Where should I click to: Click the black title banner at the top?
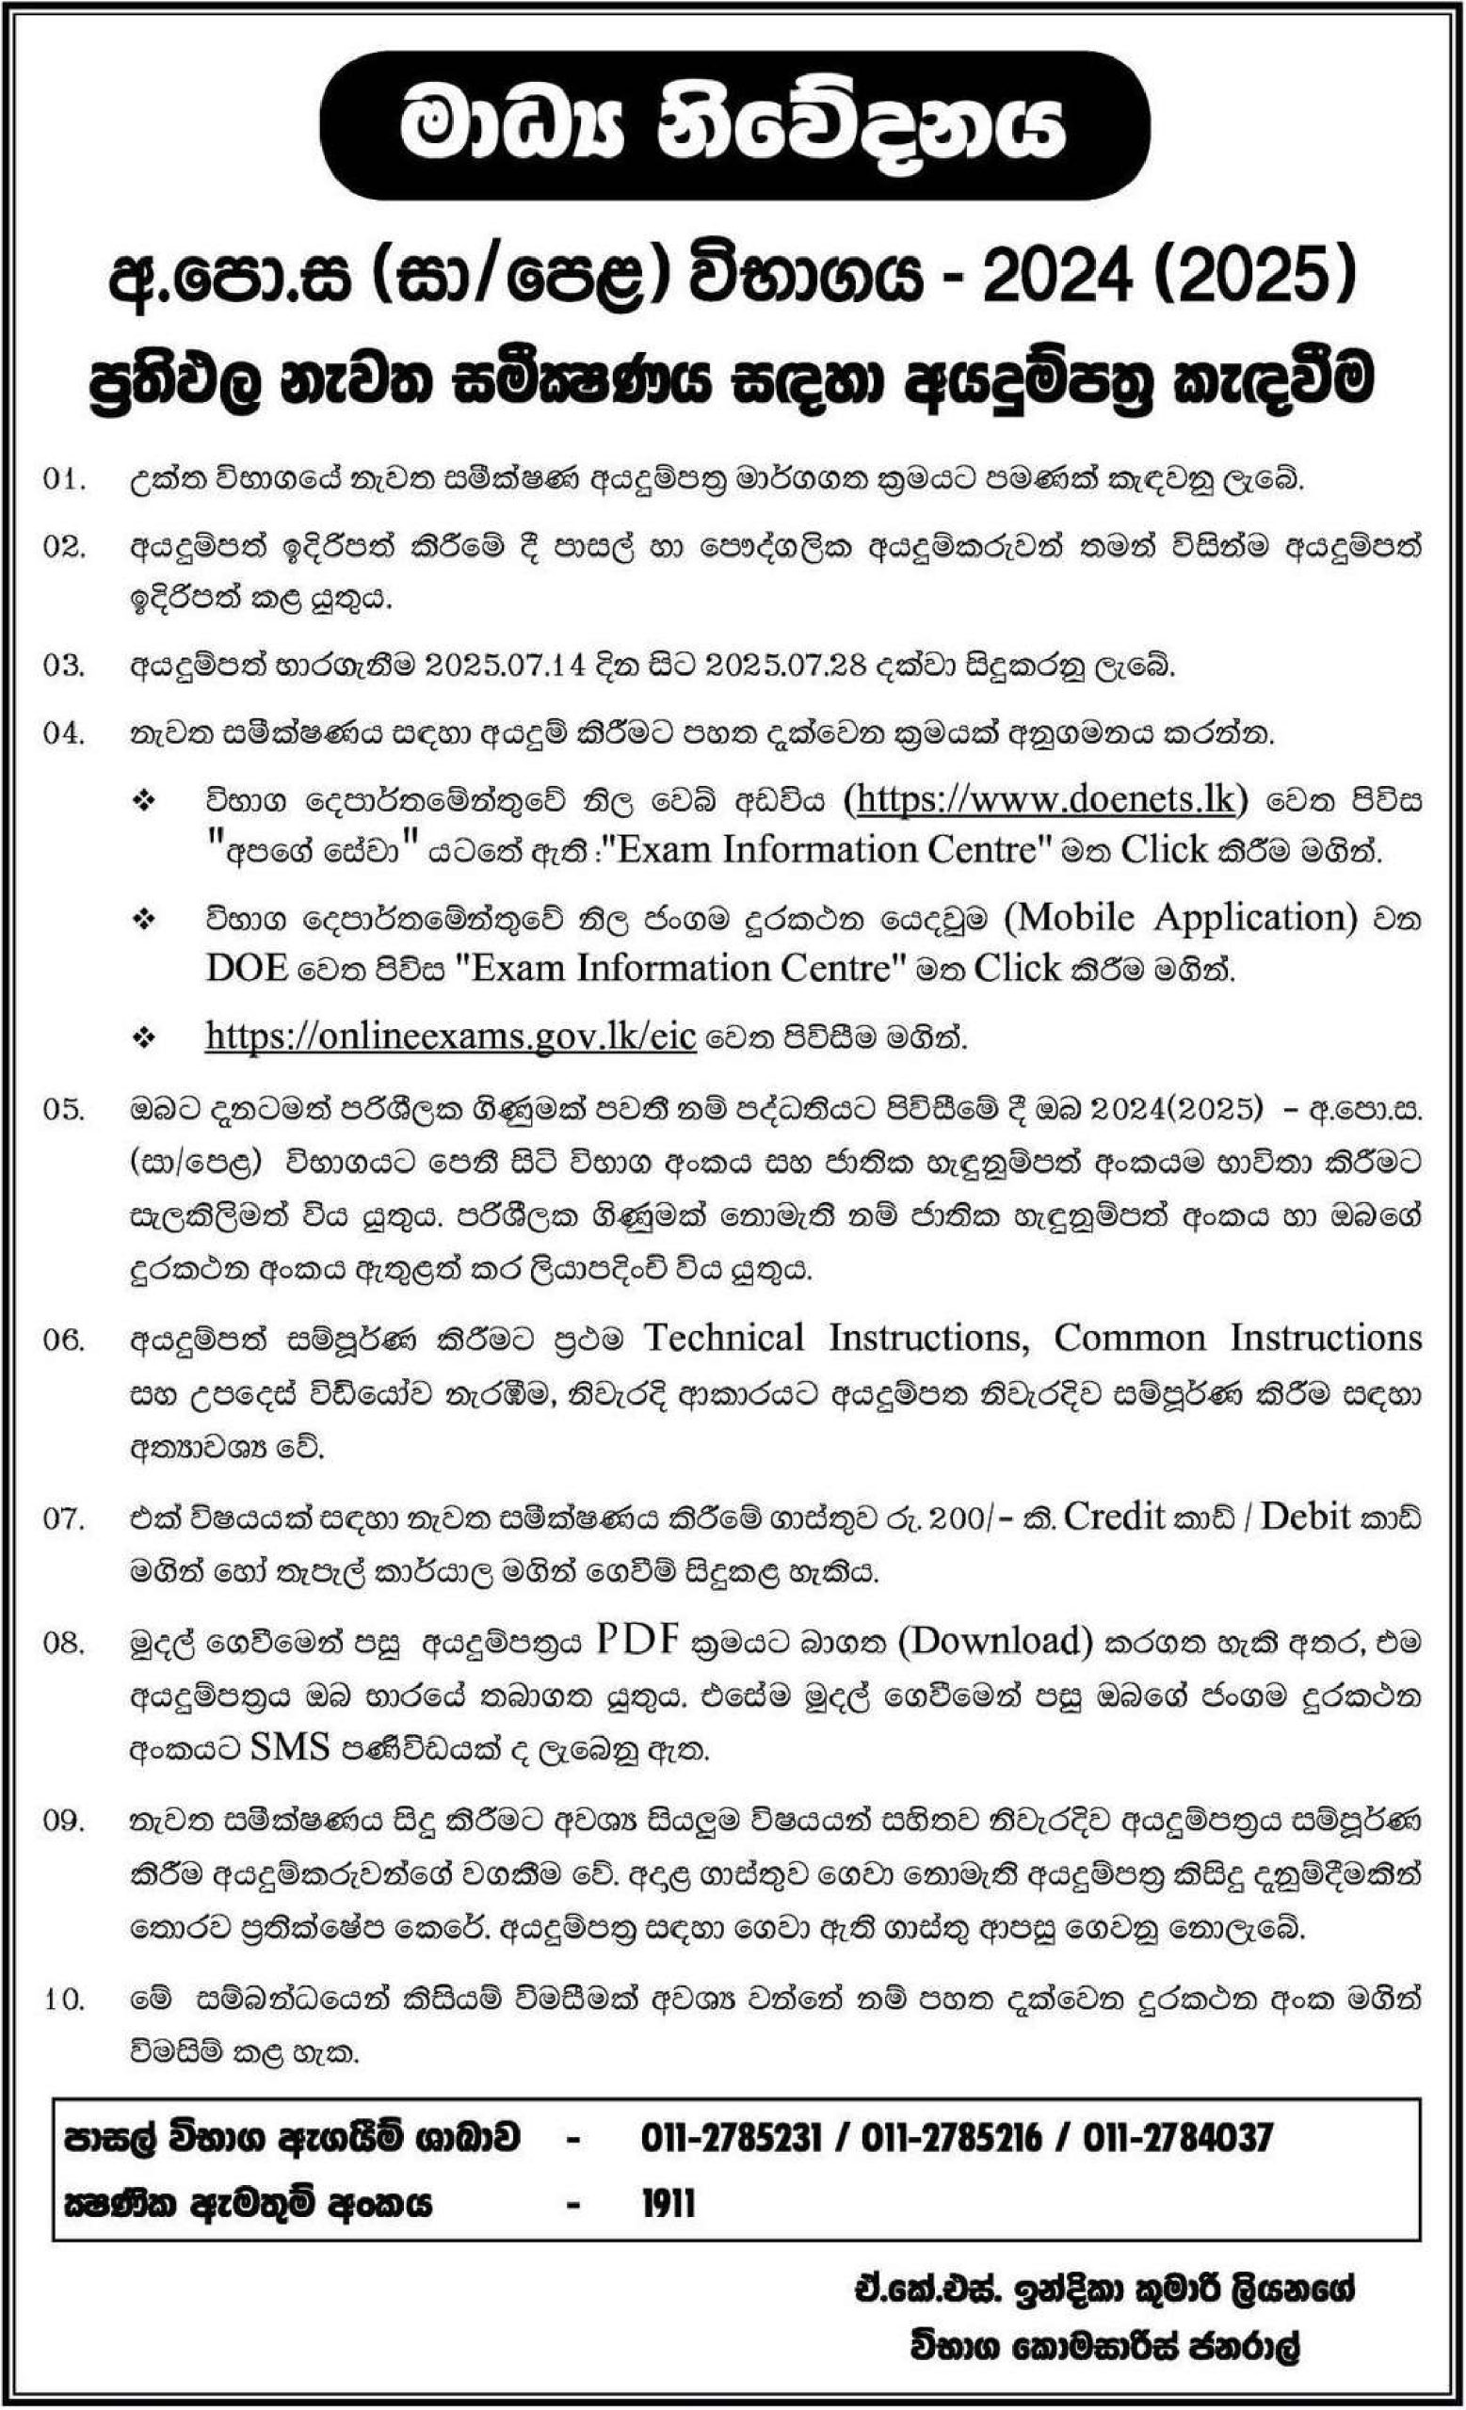point(733,126)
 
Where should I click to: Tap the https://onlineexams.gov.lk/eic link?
point(450,1036)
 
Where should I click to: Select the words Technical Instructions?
point(835,1338)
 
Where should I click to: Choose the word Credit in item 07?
point(1114,1517)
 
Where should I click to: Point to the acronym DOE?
point(247,968)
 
